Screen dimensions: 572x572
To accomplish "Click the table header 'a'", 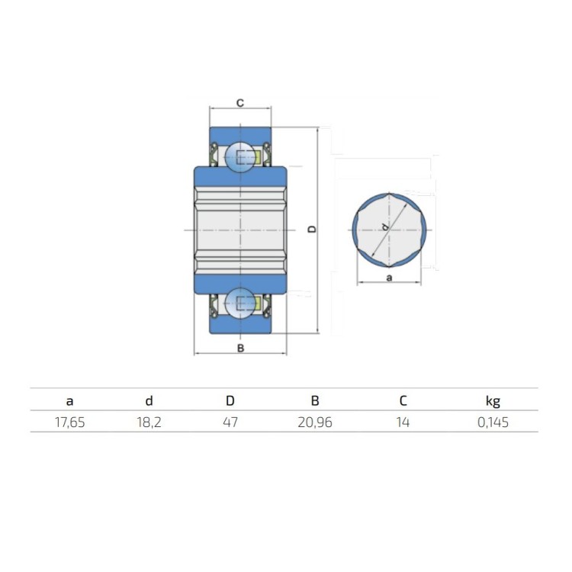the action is pos(69,401).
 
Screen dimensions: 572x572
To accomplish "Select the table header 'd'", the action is pos(149,400).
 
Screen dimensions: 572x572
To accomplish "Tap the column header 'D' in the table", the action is pos(230,400).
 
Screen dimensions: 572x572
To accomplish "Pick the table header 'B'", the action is pos(315,400).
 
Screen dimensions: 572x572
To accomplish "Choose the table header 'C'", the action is pos(403,400).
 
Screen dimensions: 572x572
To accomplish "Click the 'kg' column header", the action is pos(493,401).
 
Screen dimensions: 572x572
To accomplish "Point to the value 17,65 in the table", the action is pos(69,423).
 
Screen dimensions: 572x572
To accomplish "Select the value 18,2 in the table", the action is pos(149,423).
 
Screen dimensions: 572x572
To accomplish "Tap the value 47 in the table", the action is pos(230,423).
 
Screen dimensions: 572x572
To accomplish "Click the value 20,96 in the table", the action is pos(315,423).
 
